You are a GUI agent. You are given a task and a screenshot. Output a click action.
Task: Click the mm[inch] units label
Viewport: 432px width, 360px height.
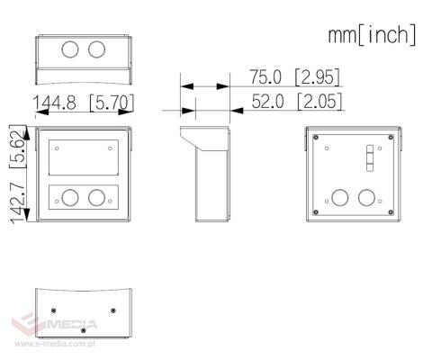[372, 34]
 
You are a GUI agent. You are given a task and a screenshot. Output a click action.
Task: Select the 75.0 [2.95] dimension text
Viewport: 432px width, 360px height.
[295, 76]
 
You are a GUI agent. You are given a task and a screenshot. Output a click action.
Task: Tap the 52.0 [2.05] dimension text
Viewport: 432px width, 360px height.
[297, 101]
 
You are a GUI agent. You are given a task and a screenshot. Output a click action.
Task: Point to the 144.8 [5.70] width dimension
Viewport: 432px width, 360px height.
[83, 103]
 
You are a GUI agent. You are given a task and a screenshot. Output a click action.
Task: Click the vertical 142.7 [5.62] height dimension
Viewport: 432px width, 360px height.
[17, 174]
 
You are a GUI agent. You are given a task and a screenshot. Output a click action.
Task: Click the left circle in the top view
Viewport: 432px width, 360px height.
[70, 49]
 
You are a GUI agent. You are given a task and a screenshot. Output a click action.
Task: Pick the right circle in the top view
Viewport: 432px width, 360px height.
[96, 49]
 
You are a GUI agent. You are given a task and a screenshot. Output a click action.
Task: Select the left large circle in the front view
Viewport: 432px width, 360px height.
[70, 198]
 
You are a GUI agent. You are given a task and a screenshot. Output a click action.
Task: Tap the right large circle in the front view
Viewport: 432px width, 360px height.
[96, 198]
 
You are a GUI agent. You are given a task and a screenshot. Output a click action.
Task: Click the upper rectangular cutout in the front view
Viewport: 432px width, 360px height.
[84, 157]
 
